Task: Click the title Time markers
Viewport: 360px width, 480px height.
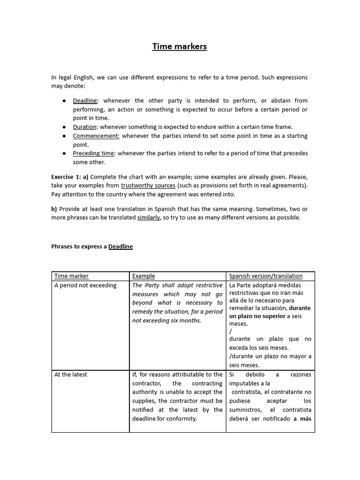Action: [x=180, y=46]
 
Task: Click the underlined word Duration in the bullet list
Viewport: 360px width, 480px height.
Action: [x=85, y=127]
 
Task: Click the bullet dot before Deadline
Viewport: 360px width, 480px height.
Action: [x=64, y=101]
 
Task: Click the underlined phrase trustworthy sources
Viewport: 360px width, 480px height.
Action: [x=149, y=185]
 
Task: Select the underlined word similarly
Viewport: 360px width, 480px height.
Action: [x=149, y=217]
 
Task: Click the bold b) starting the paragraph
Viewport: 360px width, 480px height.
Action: [x=54, y=209]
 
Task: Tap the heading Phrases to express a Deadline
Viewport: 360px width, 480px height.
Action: [x=92, y=247]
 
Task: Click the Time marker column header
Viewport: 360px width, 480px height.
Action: [x=71, y=276]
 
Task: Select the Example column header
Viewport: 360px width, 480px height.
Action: [x=143, y=276]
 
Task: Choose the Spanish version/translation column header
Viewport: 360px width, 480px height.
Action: [x=266, y=276]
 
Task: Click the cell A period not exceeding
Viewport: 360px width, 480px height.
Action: [x=85, y=285]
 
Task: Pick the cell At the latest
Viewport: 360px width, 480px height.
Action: [x=71, y=375]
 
